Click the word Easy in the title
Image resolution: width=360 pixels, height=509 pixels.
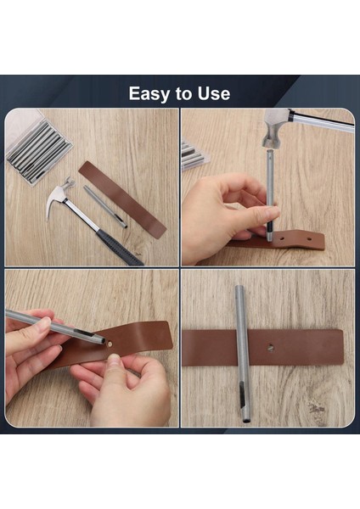(x=148, y=93)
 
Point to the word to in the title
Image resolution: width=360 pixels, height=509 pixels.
(x=183, y=93)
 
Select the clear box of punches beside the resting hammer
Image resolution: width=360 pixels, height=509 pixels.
(x=39, y=149)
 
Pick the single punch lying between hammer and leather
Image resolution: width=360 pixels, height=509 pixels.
(x=105, y=206)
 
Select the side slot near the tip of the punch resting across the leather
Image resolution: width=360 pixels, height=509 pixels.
(x=242, y=391)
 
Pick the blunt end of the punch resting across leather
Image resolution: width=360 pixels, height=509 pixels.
(x=240, y=290)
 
